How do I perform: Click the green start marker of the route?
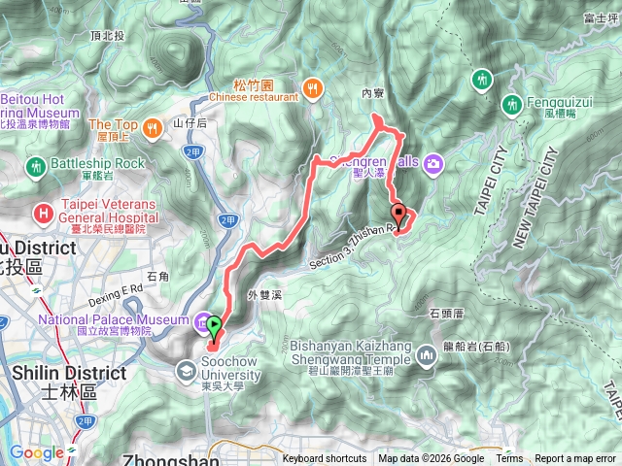[214, 327]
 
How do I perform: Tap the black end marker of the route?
[397, 214]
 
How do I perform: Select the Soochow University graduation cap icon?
[186, 370]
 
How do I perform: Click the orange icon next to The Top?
[153, 126]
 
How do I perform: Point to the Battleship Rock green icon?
[36, 166]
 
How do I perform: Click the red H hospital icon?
[44, 213]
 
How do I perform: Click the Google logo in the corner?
[37, 452]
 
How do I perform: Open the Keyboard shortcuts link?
[325, 459]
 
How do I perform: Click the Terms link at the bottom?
[509, 459]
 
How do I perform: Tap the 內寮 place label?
[373, 94]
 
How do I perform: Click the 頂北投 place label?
[107, 35]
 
